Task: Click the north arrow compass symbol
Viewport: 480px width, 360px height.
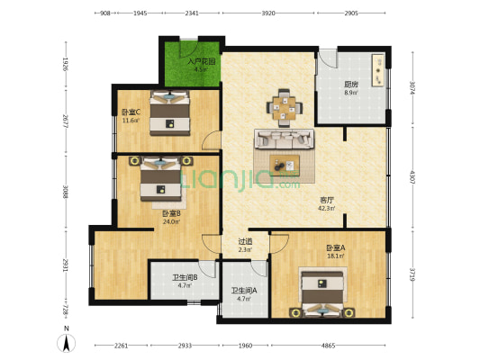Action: [x=65, y=342]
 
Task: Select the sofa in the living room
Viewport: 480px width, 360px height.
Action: [x=285, y=139]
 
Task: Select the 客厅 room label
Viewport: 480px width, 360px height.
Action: [x=326, y=201]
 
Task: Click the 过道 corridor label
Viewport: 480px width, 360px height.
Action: [x=245, y=241]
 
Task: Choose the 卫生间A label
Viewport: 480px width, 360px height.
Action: [x=244, y=291]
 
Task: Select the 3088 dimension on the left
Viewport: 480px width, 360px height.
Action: [x=65, y=192]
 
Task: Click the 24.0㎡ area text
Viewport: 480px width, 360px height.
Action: [x=172, y=221]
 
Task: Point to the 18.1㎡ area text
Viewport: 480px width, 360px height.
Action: [x=336, y=256]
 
